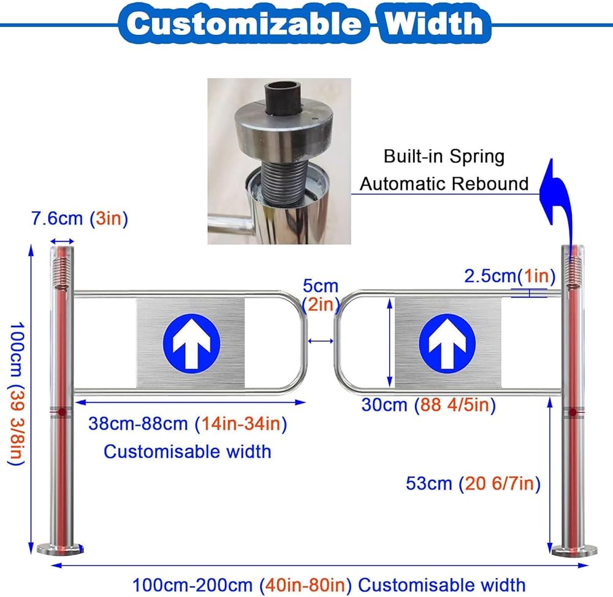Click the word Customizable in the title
[x=244, y=23]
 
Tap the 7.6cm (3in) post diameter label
[x=79, y=219]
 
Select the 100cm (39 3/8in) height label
[x=15, y=393]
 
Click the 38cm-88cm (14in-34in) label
[x=188, y=423]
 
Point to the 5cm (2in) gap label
[x=321, y=295]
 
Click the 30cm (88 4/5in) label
[x=428, y=405]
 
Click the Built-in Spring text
[x=444, y=156]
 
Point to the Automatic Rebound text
[x=444, y=183]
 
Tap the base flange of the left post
[x=60, y=548]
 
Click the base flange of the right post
[x=574, y=550]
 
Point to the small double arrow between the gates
[x=321, y=341]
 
